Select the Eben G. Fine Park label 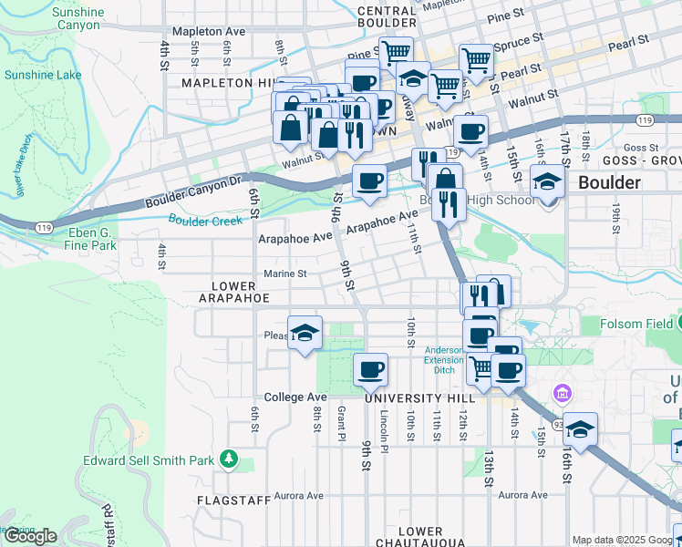point(91,239)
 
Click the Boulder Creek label point(205,220)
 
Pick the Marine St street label point(285,273)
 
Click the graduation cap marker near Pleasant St point(305,331)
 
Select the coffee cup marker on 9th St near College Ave point(370,369)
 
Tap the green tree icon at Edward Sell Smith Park point(233,456)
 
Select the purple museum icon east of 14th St point(562,393)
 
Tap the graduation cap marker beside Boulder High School point(547,181)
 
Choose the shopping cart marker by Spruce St point(475,60)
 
